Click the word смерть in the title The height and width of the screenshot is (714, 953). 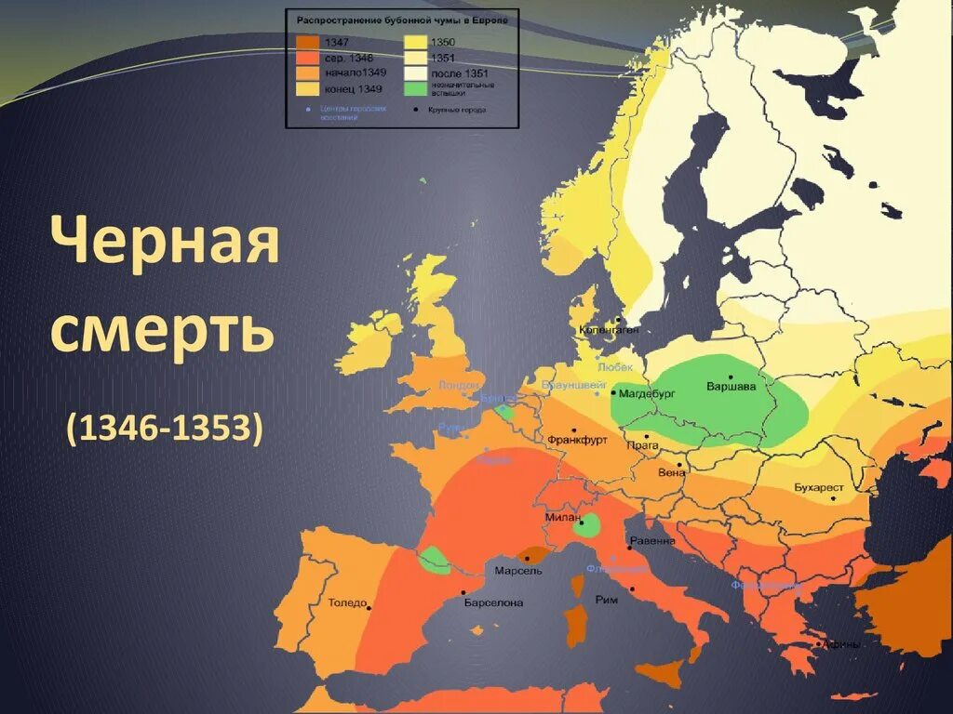tap(164, 329)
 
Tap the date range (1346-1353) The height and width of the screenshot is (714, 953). tap(164, 428)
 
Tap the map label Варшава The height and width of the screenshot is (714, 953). tap(731, 386)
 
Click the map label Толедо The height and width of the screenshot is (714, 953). tap(346, 602)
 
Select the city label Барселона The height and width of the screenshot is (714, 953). tap(493, 602)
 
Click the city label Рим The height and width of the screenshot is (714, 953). tap(606, 600)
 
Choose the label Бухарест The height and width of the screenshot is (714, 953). tap(819, 487)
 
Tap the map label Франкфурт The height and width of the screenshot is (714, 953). tap(577, 439)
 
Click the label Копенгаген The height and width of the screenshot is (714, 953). tap(608, 329)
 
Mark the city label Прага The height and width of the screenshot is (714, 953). tap(643, 445)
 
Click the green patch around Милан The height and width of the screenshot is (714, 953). tap(587, 528)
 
